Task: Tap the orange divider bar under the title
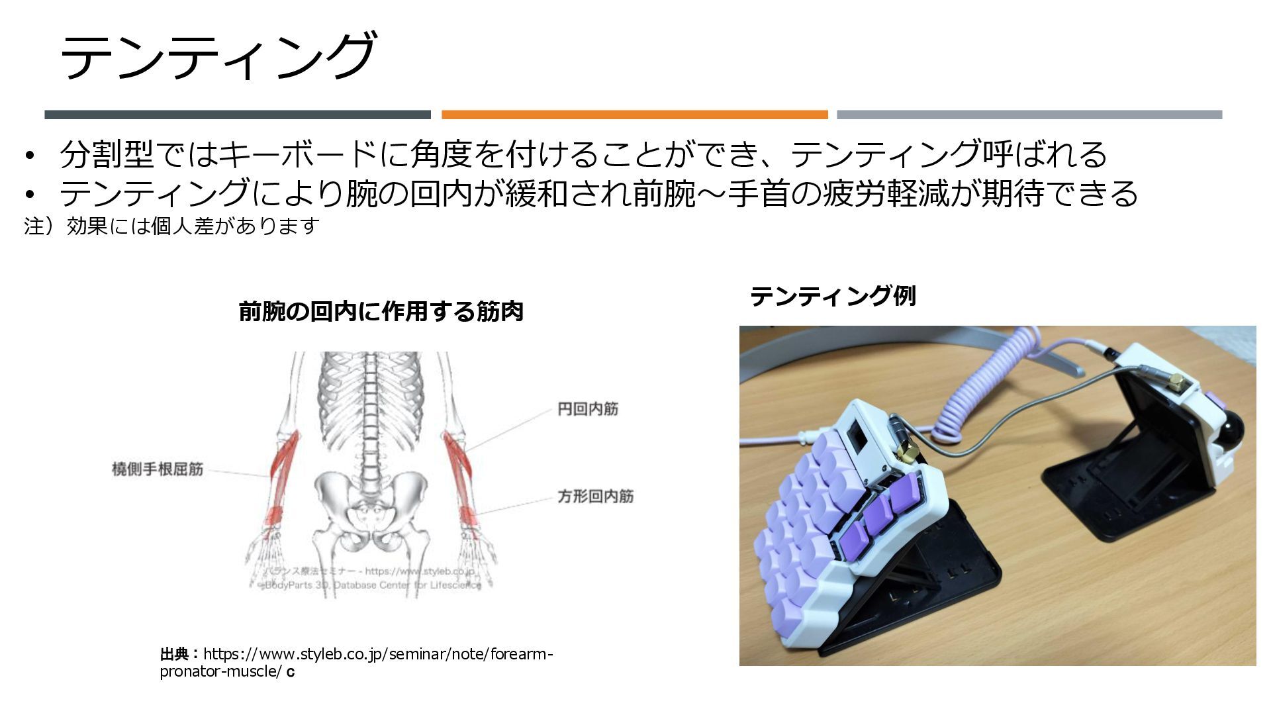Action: click(x=634, y=115)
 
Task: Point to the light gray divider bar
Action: click(x=1029, y=115)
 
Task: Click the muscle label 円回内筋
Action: click(x=588, y=409)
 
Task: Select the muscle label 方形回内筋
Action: click(x=595, y=496)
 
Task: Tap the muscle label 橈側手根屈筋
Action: click(x=158, y=469)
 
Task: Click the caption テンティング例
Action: click(x=833, y=295)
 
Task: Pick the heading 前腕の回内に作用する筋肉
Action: click(x=381, y=311)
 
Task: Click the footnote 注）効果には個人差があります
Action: click(x=172, y=226)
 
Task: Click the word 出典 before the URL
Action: click(x=175, y=654)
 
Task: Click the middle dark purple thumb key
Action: click(x=878, y=515)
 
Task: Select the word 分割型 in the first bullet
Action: click(x=106, y=154)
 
